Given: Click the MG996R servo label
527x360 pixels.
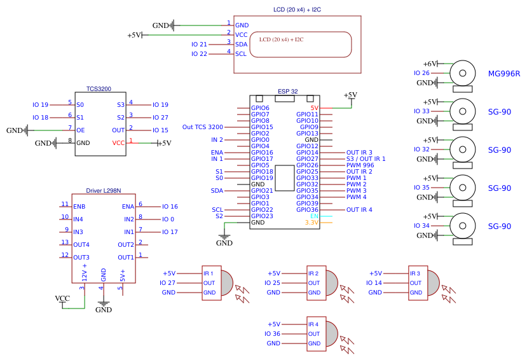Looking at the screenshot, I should [x=504, y=74].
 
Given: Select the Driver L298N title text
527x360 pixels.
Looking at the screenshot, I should [x=103, y=191].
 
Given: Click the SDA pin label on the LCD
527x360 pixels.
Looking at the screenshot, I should [x=241, y=45].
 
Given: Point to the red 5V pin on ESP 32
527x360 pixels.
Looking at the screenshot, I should [x=314, y=108].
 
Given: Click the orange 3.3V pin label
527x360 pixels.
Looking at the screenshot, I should [x=311, y=223].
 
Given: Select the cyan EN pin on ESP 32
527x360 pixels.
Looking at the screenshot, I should [x=314, y=216].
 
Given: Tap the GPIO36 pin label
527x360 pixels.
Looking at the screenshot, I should [x=307, y=210].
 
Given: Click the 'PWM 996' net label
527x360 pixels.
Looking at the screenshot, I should [x=360, y=165].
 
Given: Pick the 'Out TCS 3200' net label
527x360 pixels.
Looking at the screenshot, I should [x=202, y=127].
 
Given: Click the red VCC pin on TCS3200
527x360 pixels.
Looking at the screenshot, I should [x=118, y=143].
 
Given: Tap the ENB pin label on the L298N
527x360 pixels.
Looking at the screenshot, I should [x=79, y=207].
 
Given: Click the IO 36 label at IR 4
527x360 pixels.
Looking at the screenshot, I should [x=272, y=334].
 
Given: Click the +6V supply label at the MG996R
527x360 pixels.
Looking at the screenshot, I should [x=430, y=64].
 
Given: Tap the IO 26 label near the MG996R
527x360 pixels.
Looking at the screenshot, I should [x=422, y=73].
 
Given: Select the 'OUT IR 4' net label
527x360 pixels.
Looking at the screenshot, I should [x=359, y=210].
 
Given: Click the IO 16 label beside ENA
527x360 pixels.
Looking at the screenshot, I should [x=170, y=207].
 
